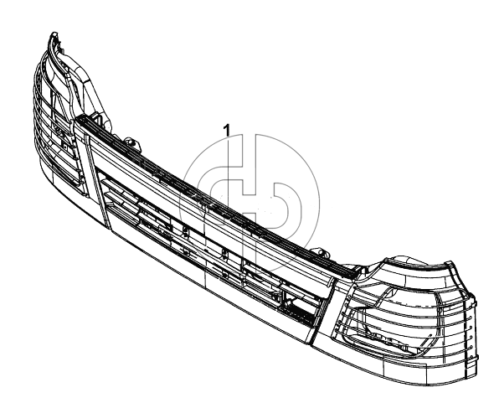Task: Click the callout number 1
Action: coord(226,130)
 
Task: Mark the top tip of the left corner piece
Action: coord(54,33)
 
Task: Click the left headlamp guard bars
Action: coord(57,121)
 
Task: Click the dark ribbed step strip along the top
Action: coord(216,198)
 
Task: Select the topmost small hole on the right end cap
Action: coord(471,318)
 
